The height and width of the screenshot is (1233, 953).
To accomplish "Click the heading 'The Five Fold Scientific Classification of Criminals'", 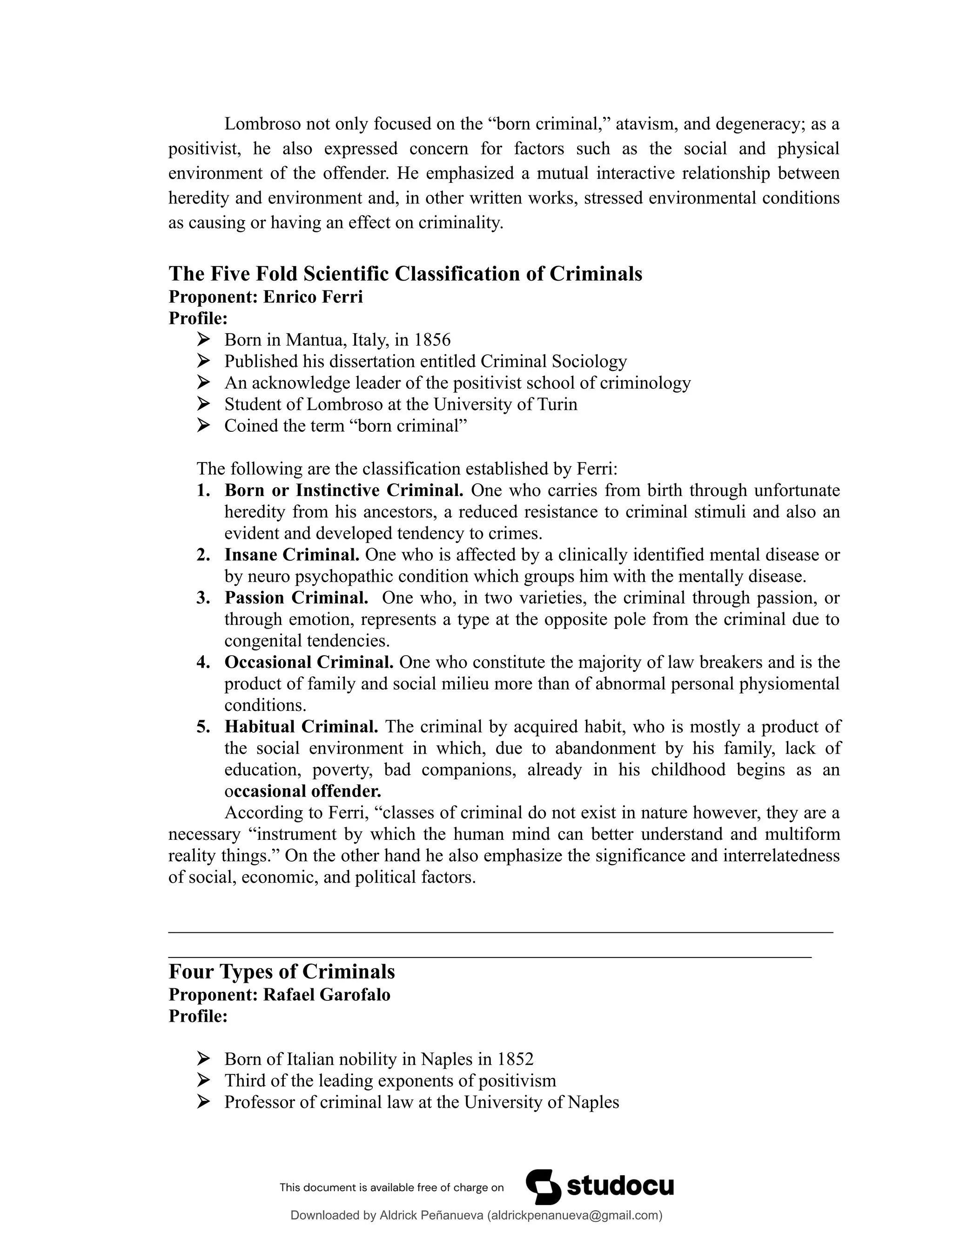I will coord(405,274).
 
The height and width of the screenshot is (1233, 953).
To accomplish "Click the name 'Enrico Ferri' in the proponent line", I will coord(313,297).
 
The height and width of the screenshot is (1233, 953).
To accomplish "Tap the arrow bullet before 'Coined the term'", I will coord(203,426).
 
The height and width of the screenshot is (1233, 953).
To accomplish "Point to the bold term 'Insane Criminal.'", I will coord(291,555).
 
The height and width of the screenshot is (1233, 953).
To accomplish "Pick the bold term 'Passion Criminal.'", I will coord(296,598).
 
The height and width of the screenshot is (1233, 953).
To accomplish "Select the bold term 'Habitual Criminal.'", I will coord(301,727).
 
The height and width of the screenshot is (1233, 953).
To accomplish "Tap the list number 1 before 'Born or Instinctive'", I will coord(203,490).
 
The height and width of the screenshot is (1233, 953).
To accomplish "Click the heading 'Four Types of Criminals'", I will coord(282,972).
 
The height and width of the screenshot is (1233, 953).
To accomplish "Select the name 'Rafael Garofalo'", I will coord(326,995).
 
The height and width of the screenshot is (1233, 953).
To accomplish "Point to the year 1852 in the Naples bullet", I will coord(515,1059).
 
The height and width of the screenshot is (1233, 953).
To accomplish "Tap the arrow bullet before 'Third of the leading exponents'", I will coord(203,1080).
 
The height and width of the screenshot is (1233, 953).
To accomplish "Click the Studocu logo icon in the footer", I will coord(543,1187).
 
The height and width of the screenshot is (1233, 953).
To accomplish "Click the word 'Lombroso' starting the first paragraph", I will coord(262,124).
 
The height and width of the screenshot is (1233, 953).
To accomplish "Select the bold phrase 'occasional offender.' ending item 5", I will coord(302,791).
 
